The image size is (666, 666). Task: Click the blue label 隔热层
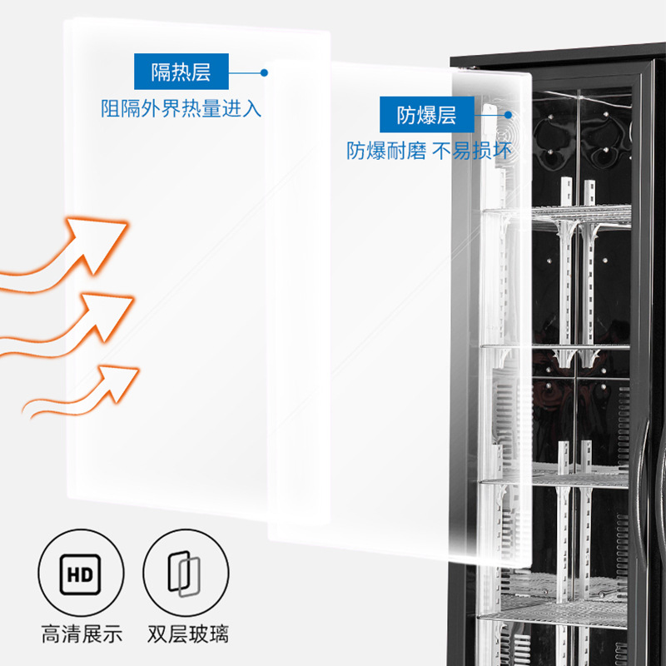[181, 72]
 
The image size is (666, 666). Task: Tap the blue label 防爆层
[427, 115]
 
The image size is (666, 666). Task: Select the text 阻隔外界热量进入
[181, 108]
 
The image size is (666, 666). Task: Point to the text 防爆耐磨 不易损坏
[429, 152]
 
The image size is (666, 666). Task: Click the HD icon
[81, 574]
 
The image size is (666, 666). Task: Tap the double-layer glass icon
[184, 574]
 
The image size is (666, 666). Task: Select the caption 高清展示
[82, 634]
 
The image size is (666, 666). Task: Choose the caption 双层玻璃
[185, 634]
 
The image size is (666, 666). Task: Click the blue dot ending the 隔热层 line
[264, 72]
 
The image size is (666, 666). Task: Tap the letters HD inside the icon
[81, 574]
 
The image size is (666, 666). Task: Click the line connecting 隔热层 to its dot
[246, 72]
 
